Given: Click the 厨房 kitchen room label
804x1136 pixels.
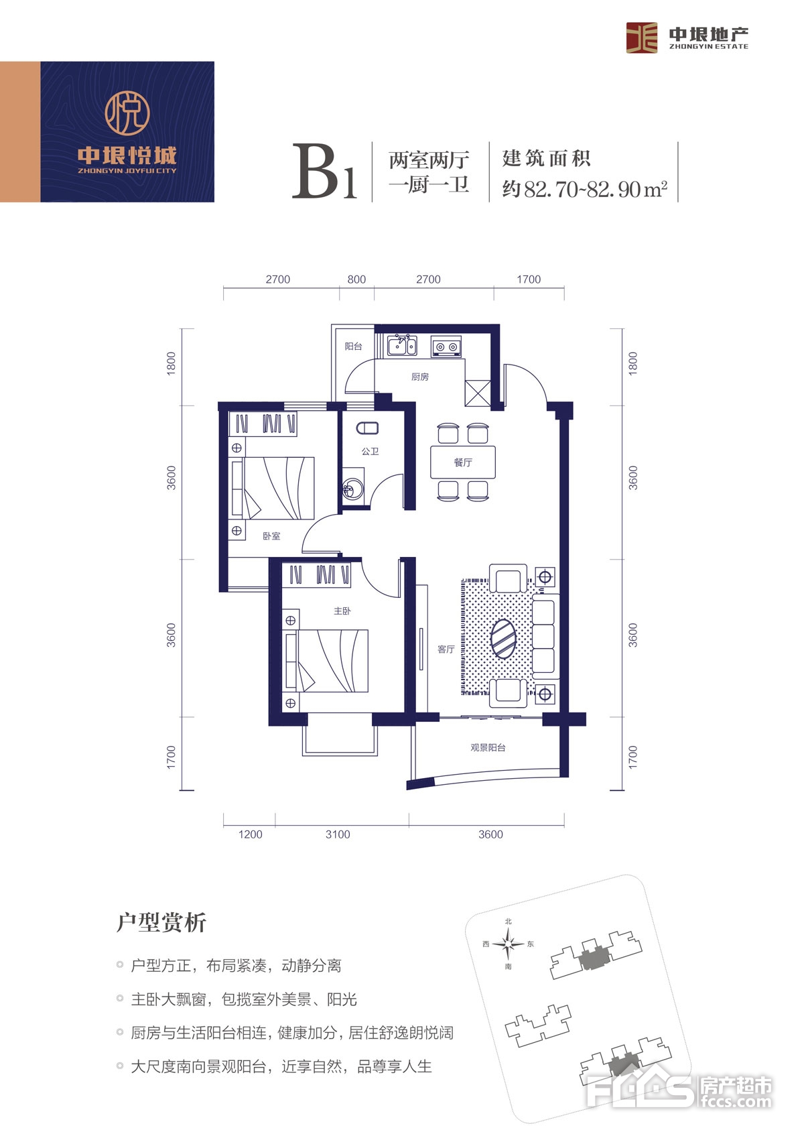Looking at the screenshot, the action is pos(419,377).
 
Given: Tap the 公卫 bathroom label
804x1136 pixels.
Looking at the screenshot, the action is pos(370,451).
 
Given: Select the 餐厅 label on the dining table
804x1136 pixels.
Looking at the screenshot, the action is pos(463,462).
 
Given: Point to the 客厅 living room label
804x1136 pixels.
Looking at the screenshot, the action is pos(446,649).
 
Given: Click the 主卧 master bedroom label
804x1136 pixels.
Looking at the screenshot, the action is pos(342,611).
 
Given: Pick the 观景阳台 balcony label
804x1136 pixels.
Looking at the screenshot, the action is pos(488,747).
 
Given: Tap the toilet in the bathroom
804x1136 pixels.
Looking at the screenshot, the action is pos(367,428).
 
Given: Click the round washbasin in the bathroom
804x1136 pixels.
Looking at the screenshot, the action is pos(353,489).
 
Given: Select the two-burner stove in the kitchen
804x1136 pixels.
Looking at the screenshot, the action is pos(446,346).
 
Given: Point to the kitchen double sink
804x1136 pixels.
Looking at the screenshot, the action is pos(402,345).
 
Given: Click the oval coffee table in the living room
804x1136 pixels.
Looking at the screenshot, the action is pos(503,639).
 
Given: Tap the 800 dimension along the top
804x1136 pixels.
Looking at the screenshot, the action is pos(356,279).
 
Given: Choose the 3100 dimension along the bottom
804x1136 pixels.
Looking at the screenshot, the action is pos(338,834).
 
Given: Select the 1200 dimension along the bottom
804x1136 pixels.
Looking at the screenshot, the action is pos(251,834).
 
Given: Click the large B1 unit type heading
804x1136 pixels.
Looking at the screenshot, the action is pos(324,172).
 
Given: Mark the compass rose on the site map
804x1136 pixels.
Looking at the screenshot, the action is pos(509,944).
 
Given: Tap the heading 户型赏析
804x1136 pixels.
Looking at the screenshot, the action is pos(161,922).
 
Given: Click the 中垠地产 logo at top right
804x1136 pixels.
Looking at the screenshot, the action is pos(687,38).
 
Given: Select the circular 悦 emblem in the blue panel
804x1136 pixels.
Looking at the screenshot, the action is pos(127,112).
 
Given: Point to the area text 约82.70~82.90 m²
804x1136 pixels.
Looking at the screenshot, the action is pos(584,189).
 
